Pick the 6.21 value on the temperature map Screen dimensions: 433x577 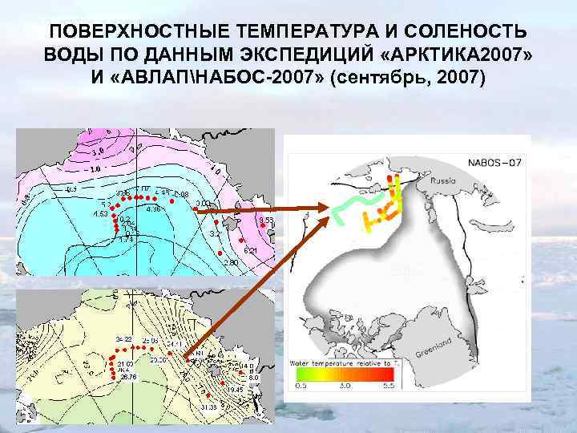(x=250, y=252)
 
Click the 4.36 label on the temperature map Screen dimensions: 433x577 (x=153, y=209)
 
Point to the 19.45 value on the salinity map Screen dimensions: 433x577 (x=234, y=389)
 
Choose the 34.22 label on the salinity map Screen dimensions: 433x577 (x=123, y=341)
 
